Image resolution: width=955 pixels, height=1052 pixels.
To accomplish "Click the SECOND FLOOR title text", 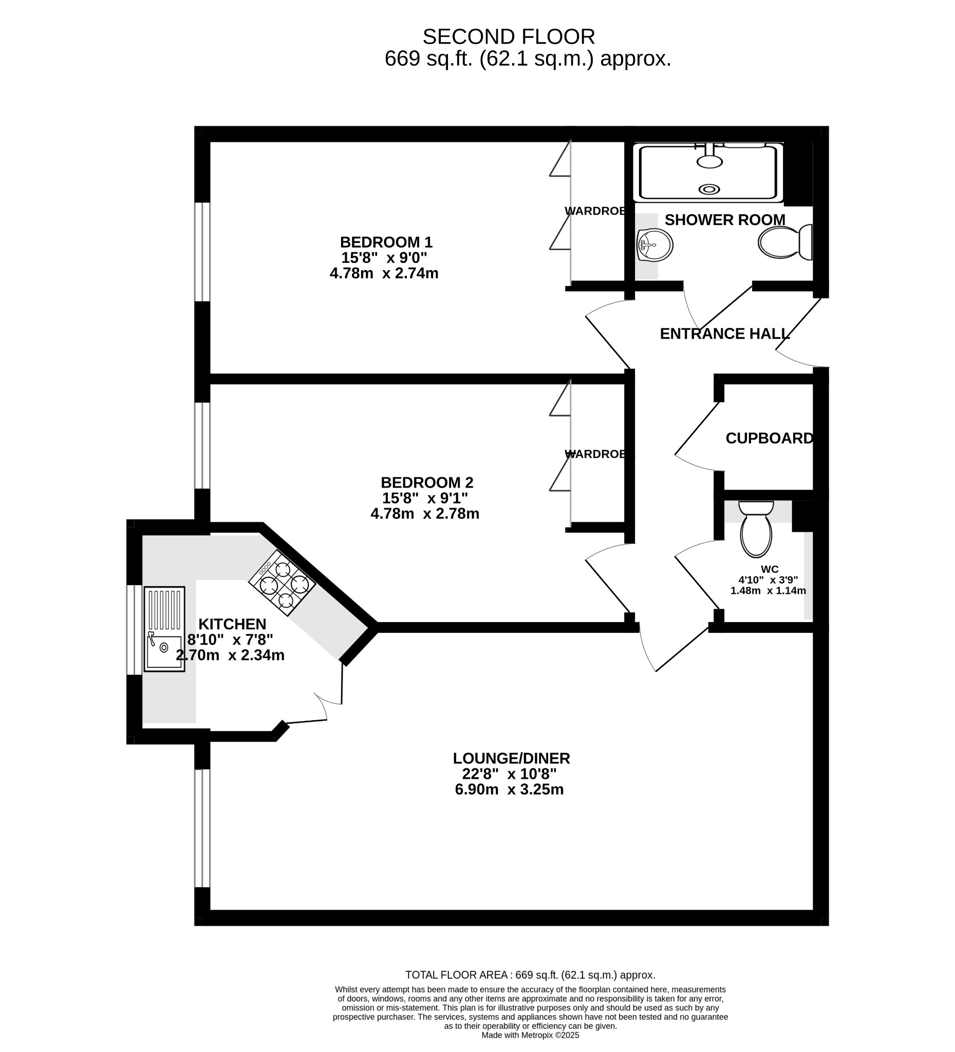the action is [508, 37].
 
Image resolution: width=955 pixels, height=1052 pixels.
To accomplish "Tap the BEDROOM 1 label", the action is [386, 242].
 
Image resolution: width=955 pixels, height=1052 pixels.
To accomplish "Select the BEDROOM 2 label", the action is [427, 482].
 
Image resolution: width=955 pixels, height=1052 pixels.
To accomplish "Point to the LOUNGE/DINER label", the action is [511, 758].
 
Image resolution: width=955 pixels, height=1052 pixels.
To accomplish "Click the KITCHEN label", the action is [232, 624].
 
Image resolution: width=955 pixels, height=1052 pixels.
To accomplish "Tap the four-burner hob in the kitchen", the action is [283, 584].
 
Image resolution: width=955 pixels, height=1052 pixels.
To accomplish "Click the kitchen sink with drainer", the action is [164, 629].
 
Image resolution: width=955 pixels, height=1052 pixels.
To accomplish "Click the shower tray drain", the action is [709, 190].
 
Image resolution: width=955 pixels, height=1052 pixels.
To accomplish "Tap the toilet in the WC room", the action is [756, 529].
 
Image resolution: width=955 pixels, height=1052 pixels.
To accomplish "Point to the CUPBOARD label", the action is [769, 438].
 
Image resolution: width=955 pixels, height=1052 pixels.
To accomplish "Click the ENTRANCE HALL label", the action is [725, 334].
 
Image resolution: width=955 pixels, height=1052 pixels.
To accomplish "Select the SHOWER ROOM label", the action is [725, 220].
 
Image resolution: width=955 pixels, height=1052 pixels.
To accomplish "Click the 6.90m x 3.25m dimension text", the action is [509, 790].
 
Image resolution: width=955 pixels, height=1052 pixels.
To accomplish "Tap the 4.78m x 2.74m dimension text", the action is [384, 273].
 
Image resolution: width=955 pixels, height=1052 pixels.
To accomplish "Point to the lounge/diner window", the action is [202, 828].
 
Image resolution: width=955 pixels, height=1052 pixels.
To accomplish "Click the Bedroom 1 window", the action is [202, 252].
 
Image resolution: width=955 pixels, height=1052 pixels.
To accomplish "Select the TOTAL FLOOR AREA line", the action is [530, 975].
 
